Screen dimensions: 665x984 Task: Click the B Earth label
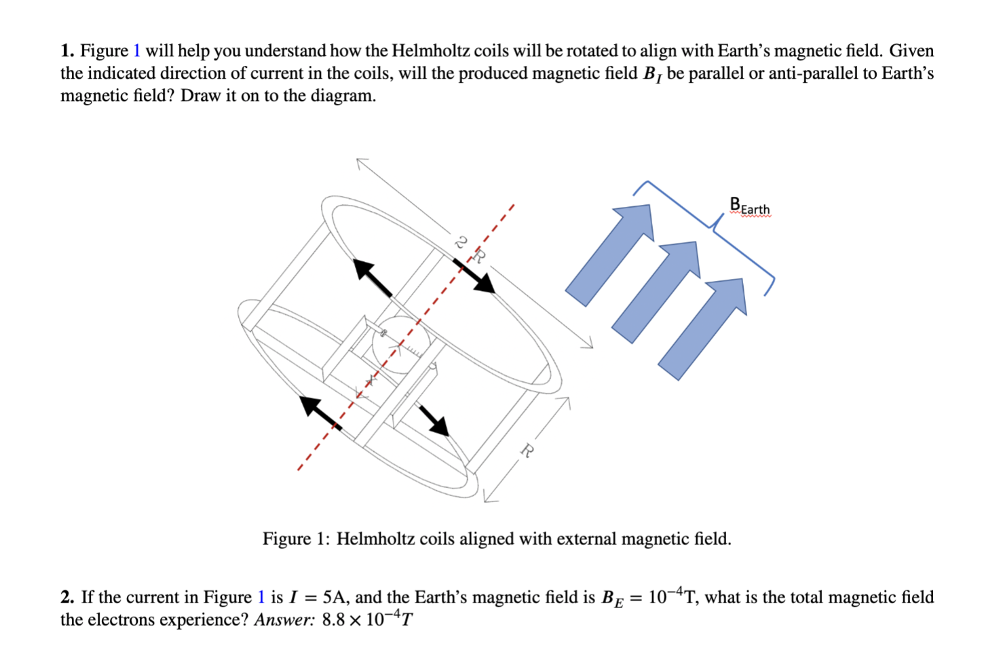(749, 206)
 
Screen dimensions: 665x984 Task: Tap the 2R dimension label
(470, 249)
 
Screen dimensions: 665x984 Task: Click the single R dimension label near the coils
(527, 449)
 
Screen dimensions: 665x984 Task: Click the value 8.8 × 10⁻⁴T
(367, 620)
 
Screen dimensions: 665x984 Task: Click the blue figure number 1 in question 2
(261, 597)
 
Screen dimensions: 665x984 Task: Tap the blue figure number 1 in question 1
(136, 51)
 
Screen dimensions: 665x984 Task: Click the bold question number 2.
(67, 597)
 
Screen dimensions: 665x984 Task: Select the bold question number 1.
(67, 51)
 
